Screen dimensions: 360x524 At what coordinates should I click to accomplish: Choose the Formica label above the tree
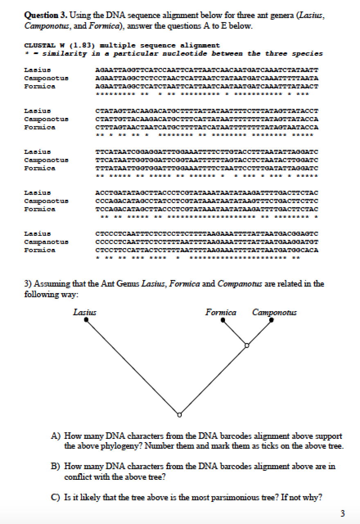(221, 313)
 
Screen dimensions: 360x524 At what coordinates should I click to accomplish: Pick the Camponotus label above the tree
(274, 313)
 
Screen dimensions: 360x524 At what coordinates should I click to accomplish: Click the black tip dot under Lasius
(86, 320)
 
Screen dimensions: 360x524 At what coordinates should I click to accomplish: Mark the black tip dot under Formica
(223, 320)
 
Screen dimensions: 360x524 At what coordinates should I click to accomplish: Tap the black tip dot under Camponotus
(272, 320)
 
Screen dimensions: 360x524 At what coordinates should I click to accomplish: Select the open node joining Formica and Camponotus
(247, 345)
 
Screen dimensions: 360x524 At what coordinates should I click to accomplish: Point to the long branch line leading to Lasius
(131, 366)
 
